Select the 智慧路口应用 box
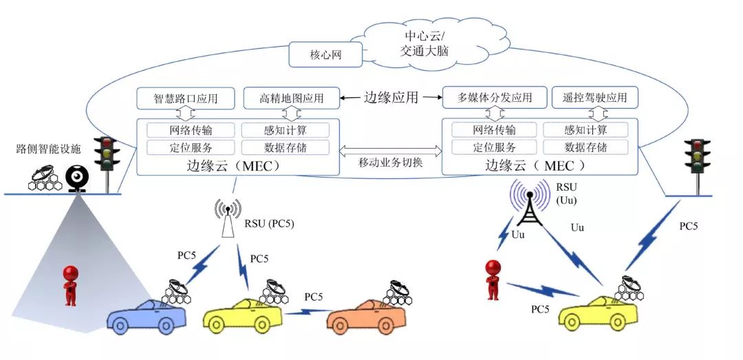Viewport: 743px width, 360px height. pyautogui.click(x=186, y=98)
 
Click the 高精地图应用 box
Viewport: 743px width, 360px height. pyautogui.click(x=293, y=98)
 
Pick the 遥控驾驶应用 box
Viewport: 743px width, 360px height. pyautogui.click(x=594, y=98)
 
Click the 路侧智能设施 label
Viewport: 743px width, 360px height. pyautogui.click(x=49, y=148)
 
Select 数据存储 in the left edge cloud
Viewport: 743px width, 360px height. pyautogui.click(x=285, y=147)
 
